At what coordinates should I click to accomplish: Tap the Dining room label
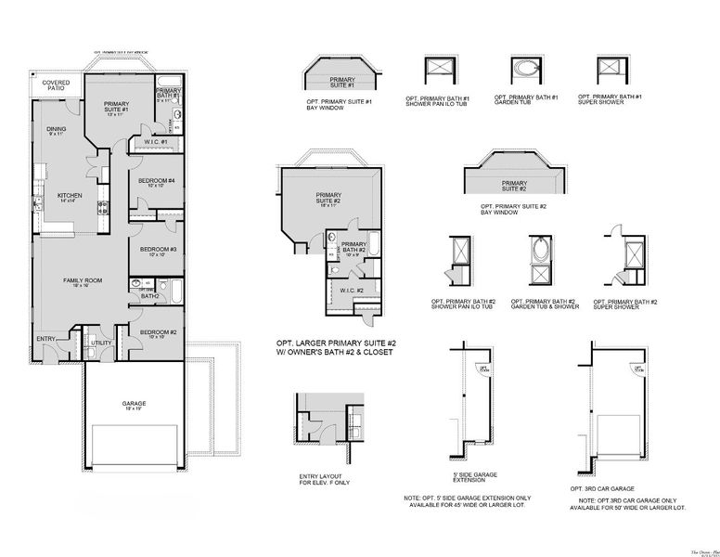click(57, 131)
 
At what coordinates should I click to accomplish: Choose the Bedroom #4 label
click(150, 182)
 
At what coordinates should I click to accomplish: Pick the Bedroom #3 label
click(151, 251)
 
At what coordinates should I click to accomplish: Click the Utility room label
click(102, 343)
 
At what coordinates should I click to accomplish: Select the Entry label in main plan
click(46, 339)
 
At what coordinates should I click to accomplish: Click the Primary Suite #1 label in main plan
click(116, 108)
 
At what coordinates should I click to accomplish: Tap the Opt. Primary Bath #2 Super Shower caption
click(624, 304)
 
